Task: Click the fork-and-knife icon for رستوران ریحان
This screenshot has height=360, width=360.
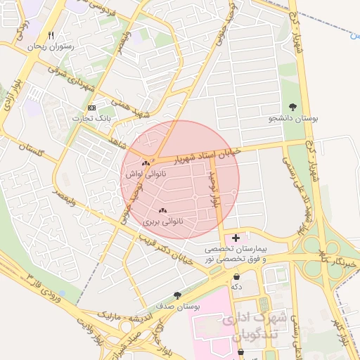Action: tap(51, 35)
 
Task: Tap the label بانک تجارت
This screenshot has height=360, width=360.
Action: tap(92, 119)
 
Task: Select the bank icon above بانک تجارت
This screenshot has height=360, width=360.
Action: tap(92, 108)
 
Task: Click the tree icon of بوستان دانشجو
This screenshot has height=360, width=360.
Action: tap(292, 108)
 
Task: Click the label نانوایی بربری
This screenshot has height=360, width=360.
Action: tap(163, 221)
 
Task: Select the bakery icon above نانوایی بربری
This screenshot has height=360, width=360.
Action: tap(163, 210)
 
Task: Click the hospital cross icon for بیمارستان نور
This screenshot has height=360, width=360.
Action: tap(236, 238)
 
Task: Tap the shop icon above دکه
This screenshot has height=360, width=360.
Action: tap(236, 276)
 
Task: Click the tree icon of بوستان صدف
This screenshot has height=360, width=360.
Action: tap(176, 296)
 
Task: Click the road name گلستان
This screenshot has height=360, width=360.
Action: tap(33, 152)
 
